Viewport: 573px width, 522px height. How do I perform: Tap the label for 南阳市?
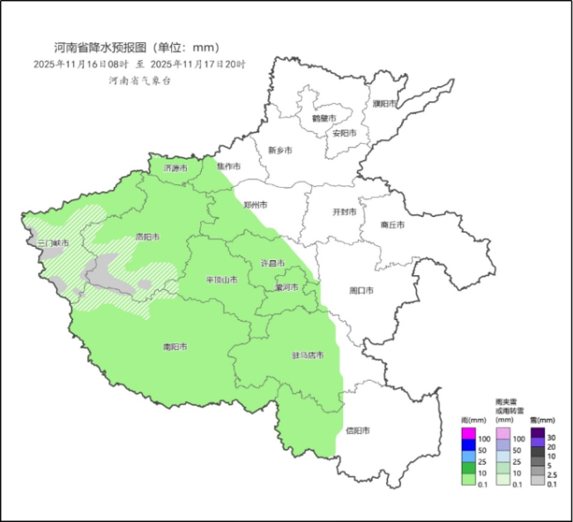(x=175, y=347)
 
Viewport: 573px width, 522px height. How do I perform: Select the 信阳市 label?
(x=357, y=430)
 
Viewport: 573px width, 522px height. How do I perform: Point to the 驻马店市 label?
(x=308, y=355)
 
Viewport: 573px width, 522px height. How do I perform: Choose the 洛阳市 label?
(x=146, y=237)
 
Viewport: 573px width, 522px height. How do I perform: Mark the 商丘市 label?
(x=391, y=226)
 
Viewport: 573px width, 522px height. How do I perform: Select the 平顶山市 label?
(x=221, y=280)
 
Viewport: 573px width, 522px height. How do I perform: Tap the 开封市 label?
(x=343, y=213)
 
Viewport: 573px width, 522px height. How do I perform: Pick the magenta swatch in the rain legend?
(x=469, y=433)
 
